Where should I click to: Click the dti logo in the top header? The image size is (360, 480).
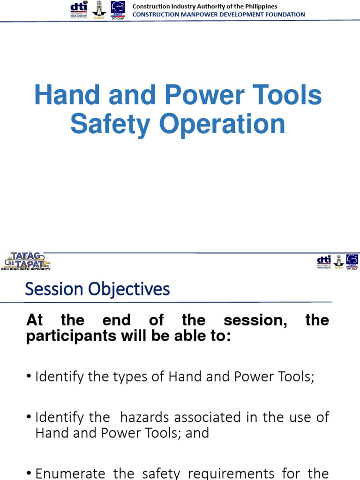click(78, 9)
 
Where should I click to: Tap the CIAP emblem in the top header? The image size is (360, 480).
click(98, 10)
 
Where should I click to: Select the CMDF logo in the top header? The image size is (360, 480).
click(118, 10)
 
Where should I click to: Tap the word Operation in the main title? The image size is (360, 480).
click(222, 124)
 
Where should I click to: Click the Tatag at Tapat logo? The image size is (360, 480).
click(27, 261)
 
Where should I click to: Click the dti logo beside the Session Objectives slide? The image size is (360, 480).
click(324, 261)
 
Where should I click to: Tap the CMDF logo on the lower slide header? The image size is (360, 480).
click(352, 262)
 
